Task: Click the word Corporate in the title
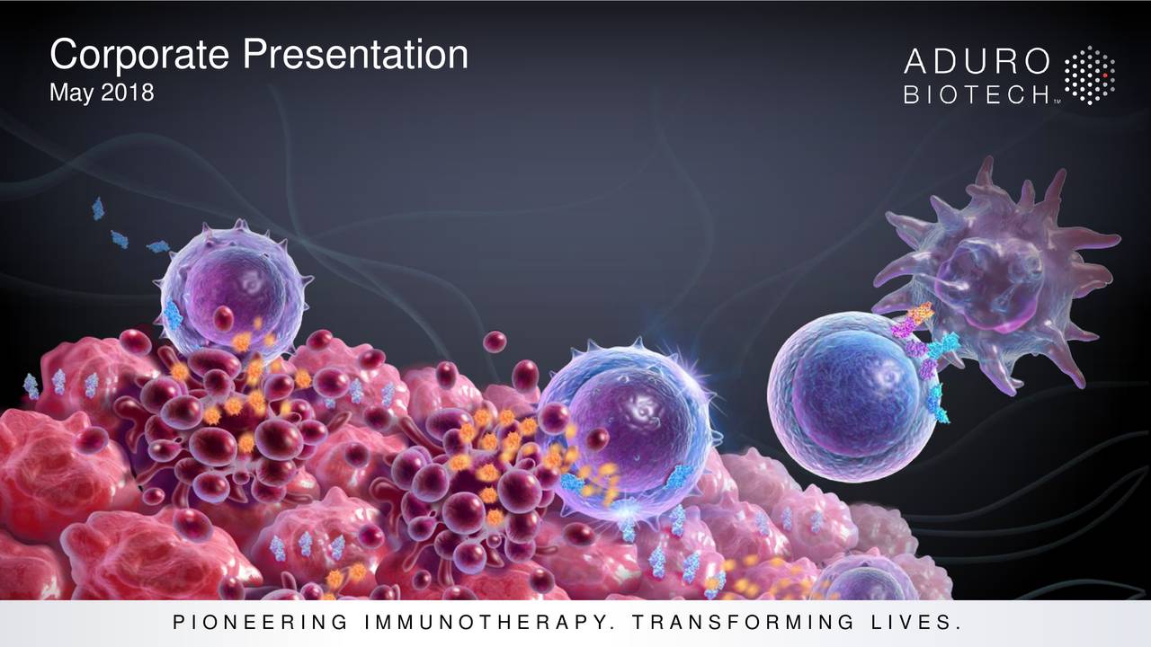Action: [139, 55]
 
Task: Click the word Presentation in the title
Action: [355, 55]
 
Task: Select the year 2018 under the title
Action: [128, 93]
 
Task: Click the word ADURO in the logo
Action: [977, 62]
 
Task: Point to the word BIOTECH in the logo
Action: [977, 95]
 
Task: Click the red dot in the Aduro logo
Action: [1105, 75]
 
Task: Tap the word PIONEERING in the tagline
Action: [261, 623]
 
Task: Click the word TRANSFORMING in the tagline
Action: [743, 623]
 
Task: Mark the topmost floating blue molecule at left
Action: [98, 209]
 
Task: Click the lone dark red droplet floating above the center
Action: [495, 341]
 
